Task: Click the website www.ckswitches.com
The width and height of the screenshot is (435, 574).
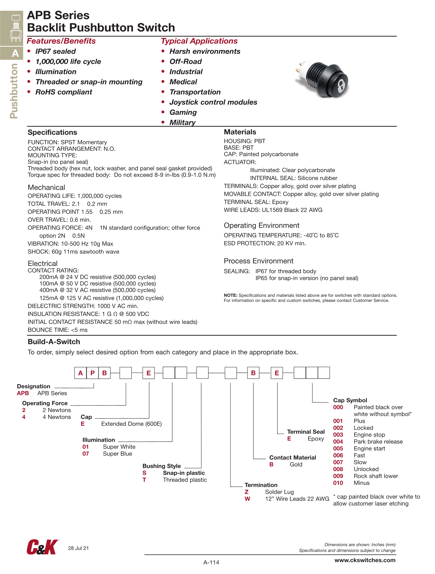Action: pyautogui.click(x=365, y=560)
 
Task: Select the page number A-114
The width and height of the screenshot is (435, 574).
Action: pyautogui.click(x=211, y=562)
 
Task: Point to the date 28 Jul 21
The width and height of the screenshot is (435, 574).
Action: pyautogui.click(x=78, y=548)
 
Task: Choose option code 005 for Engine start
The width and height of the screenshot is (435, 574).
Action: pyautogui.click(x=338, y=448)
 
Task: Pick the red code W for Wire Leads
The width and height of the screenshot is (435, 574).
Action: pyautogui.click(x=247, y=499)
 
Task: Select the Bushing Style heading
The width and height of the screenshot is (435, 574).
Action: pyautogui.click(x=162, y=466)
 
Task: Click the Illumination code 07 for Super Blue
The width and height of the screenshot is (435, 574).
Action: pyautogui.click(x=86, y=454)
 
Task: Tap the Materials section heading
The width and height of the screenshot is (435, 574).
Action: pyautogui.click(x=240, y=132)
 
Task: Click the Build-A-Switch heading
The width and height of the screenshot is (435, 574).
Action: pyautogui.click(x=54, y=342)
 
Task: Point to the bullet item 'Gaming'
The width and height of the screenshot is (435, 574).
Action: pyautogui.click(x=183, y=112)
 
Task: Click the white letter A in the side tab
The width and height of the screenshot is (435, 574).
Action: pyautogui.click(x=15, y=53)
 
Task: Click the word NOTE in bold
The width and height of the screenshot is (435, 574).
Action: pyautogui.click(x=230, y=295)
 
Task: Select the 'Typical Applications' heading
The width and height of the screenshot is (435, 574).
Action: pyautogui.click(x=199, y=41)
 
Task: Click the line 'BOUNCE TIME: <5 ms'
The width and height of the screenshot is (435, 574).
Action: pyautogui.click(x=57, y=330)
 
